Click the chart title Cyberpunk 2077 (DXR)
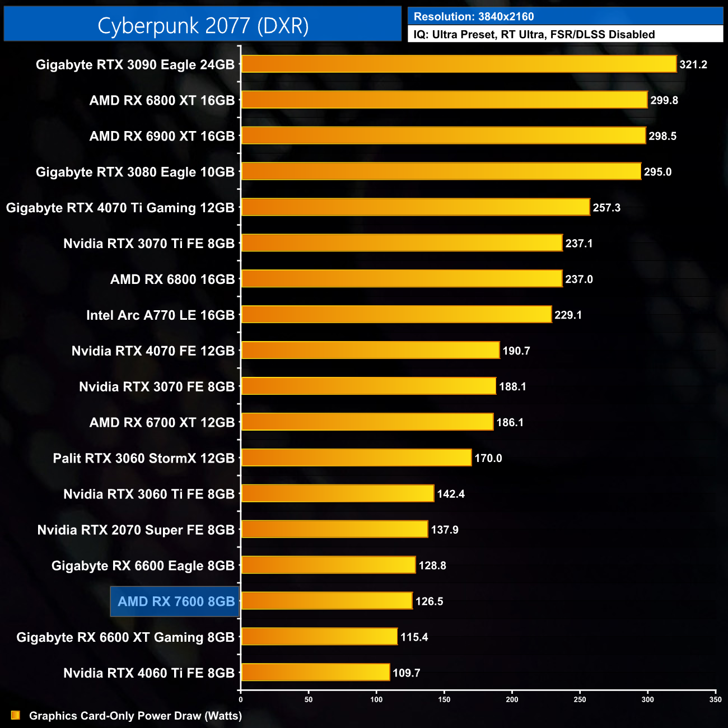(203, 26)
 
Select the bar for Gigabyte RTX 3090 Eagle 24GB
(459, 64)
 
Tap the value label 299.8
(664, 101)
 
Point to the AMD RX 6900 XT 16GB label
(162, 136)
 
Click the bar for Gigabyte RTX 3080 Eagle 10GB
(441, 171)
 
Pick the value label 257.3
(606, 208)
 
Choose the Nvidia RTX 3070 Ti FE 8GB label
(149, 244)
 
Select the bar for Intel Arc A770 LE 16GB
(396, 315)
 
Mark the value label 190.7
(516, 351)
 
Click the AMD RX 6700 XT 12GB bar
(367, 422)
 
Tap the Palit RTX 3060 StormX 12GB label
(143, 459)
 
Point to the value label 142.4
(451, 494)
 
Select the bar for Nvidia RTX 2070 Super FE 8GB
(334, 529)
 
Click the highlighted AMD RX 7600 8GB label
(176, 601)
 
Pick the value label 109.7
(406, 673)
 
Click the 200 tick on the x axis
(512, 699)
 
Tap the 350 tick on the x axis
(715, 699)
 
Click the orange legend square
(16, 716)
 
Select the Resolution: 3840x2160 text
(474, 17)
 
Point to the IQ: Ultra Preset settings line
(534, 35)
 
